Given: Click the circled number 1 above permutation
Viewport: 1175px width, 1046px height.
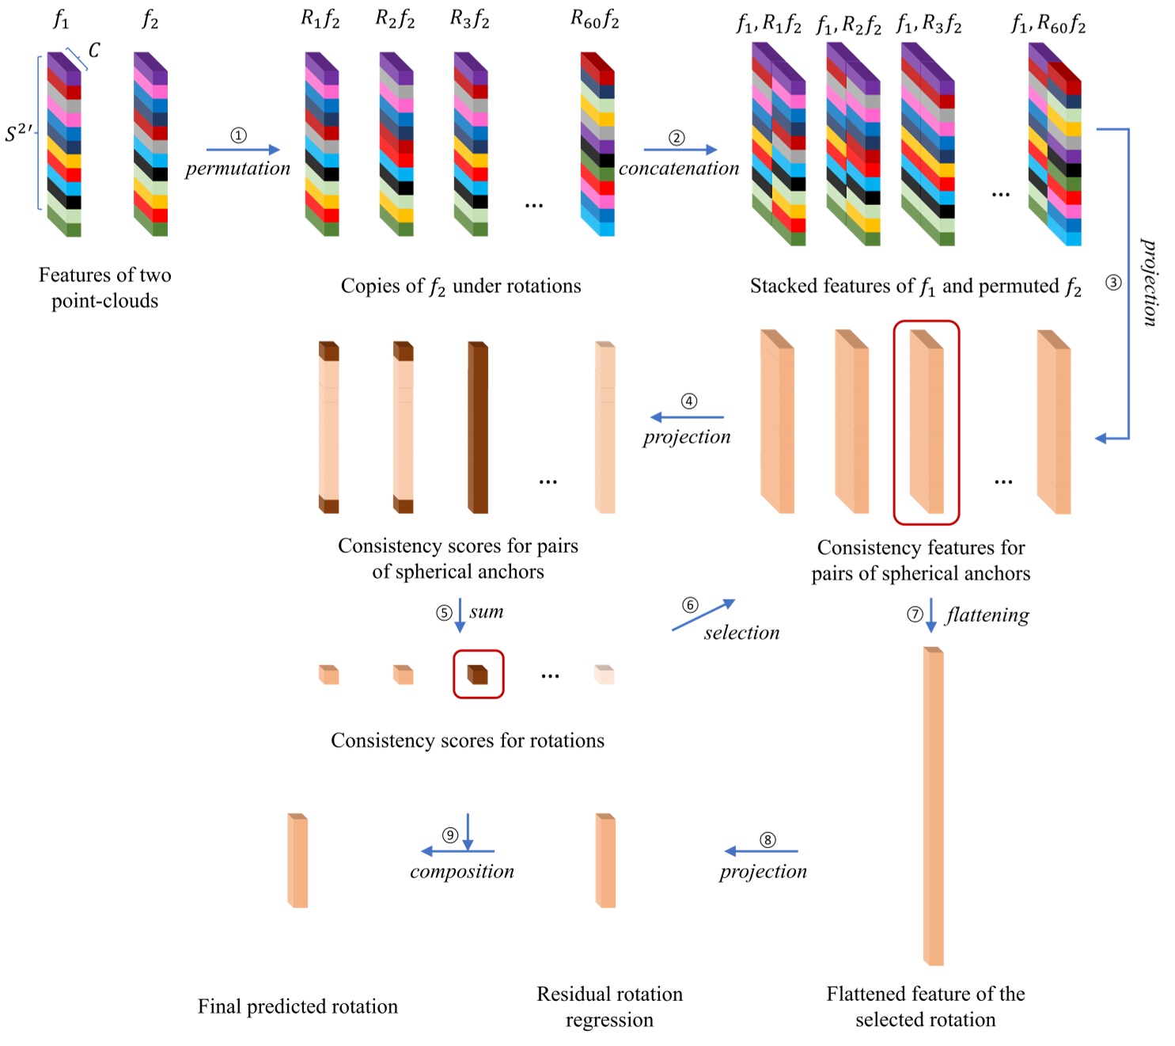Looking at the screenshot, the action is (x=238, y=135).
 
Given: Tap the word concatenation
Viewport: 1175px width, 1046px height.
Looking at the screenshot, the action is (x=679, y=169).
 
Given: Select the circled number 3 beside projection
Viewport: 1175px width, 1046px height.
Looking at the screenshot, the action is (x=1113, y=283).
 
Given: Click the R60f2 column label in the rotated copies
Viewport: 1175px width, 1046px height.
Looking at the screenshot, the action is (x=594, y=20).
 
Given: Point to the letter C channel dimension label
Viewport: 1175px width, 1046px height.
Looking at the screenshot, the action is (x=94, y=51).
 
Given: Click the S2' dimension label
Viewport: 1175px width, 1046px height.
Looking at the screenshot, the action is (x=19, y=133).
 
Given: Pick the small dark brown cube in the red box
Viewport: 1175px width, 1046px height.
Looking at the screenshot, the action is (x=477, y=675).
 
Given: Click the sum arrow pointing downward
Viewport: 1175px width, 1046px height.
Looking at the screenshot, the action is (x=460, y=615).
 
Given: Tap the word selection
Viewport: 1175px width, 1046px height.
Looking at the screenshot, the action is (x=741, y=632).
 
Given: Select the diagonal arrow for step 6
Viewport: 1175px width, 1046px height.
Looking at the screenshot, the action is (x=703, y=614).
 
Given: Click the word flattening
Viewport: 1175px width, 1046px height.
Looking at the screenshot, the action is (x=987, y=615).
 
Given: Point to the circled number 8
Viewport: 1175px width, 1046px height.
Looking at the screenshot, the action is (x=768, y=839).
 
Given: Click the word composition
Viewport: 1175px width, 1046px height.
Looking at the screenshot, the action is (x=462, y=871).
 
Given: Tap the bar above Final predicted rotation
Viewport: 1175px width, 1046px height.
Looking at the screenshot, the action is (x=298, y=860).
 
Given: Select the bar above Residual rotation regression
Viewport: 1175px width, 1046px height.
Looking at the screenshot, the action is (x=605, y=860).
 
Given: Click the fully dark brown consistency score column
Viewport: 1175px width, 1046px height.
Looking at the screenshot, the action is (x=478, y=428).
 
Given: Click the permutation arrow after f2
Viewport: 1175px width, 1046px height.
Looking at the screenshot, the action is (x=243, y=150).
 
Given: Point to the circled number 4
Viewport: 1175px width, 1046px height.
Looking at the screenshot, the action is (x=688, y=401).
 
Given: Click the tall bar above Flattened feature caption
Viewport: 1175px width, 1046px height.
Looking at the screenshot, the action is (x=933, y=806).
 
